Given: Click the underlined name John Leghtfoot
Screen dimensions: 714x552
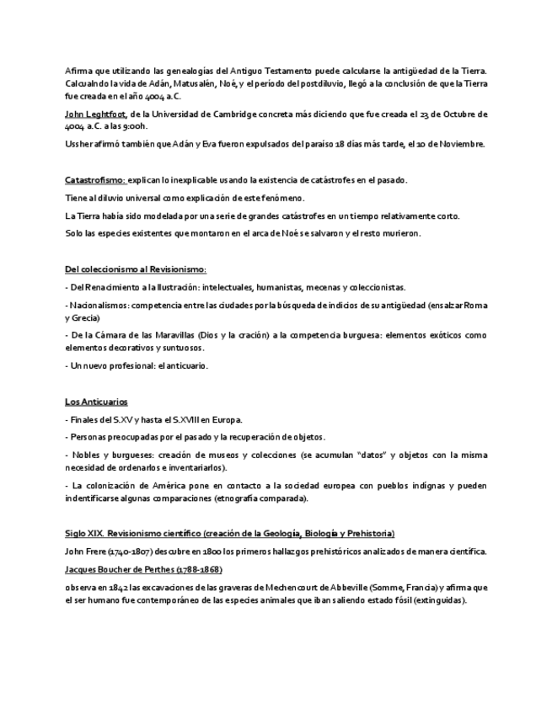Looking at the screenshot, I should click(96, 114).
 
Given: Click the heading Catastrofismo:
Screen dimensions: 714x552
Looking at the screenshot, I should click(95, 180).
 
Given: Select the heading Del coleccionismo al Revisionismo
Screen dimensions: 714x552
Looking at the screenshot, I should click(136, 269).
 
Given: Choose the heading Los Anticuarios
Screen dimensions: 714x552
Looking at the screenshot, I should click(97, 402).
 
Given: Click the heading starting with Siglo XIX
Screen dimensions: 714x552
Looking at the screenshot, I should click(230, 534).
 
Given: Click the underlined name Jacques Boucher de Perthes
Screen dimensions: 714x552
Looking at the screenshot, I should click(143, 569).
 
